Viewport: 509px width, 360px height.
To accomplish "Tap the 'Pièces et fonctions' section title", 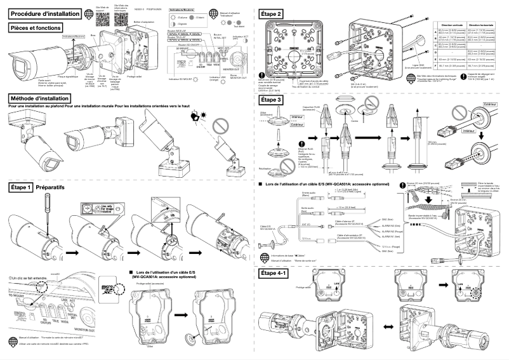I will point(37,27).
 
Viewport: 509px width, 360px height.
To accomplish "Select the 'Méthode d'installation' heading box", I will point(42,98).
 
